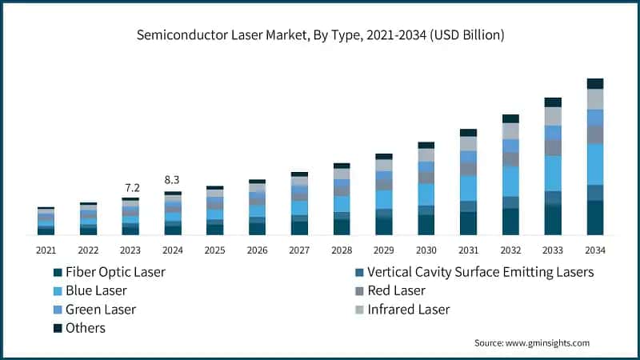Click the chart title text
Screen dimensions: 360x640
[x=320, y=35]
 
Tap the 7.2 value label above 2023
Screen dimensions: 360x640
[x=132, y=188]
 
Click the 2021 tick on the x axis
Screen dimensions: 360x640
[x=46, y=250]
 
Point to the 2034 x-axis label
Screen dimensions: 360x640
[x=594, y=250]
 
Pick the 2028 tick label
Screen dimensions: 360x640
[x=342, y=250]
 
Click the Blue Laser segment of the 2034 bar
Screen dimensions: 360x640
[x=594, y=164]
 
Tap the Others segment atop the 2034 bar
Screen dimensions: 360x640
[x=594, y=83]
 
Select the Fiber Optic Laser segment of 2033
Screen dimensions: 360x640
[x=553, y=220]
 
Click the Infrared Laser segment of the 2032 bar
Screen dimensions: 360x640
[x=510, y=130]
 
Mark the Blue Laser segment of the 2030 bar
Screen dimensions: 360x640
[x=426, y=194]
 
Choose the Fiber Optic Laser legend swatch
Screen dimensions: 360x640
[x=55, y=272]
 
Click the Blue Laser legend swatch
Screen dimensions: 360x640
[x=55, y=291]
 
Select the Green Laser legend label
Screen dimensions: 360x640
[x=101, y=310]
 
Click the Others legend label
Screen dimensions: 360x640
[x=86, y=328]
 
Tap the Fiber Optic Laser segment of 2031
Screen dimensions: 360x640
[x=468, y=223]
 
